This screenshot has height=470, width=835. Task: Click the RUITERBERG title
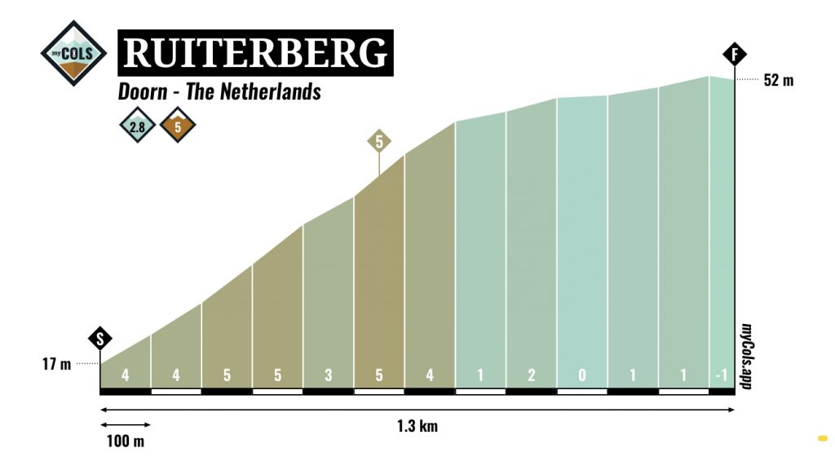[255, 53]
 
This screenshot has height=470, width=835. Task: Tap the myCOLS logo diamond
[73, 54]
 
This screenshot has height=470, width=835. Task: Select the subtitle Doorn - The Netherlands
[219, 91]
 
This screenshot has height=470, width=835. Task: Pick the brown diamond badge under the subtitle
[177, 126]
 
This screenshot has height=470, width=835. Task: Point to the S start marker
[99, 339]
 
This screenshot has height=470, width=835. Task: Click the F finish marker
[735, 55]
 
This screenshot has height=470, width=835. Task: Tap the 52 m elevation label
[778, 80]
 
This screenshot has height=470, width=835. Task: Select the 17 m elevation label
[57, 364]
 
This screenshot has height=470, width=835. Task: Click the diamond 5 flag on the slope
[378, 140]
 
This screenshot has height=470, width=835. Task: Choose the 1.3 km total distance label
[417, 426]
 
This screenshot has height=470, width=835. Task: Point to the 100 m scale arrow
[125, 423]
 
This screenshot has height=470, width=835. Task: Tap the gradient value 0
[582, 376]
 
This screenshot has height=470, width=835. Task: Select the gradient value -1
[721, 376]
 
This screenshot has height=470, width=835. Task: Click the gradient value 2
[532, 376]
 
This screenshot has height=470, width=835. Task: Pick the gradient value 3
[328, 376]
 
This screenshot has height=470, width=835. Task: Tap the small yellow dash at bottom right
[822, 438]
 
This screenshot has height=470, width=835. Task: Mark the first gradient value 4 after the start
[125, 376]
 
